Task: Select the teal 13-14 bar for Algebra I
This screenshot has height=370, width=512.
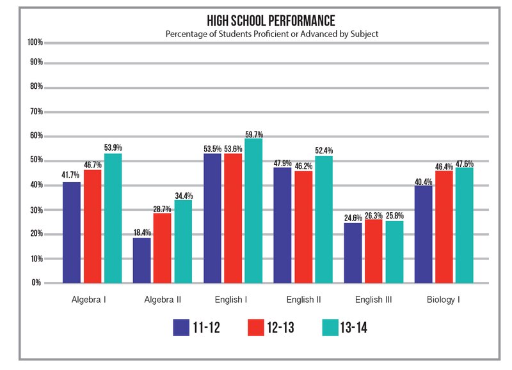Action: [x=113, y=218]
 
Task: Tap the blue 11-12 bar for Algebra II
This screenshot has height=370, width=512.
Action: [x=141, y=260]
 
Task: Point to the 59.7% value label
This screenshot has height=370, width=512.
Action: [x=254, y=134]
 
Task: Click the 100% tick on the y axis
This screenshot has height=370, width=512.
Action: [x=35, y=42]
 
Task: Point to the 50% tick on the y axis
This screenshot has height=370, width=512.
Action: [x=36, y=160]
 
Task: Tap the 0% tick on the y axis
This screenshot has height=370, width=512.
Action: [x=37, y=282]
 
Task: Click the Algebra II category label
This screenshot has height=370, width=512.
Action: [x=161, y=299]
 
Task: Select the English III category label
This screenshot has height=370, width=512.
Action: [x=374, y=299]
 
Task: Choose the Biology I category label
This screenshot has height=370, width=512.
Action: [x=444, y=299]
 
